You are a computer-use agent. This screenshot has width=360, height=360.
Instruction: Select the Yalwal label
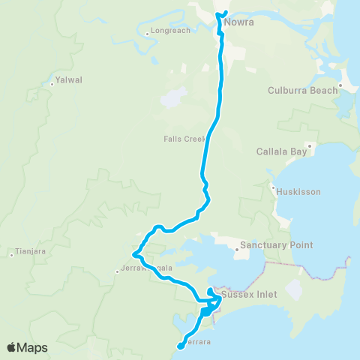click(x=68, y=79)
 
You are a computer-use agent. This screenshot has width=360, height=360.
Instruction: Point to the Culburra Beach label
click(x=303, y=91)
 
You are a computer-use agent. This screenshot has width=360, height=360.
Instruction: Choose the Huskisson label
click(x=298, y=192)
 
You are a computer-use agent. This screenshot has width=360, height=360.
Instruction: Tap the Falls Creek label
click(x=184, y=139)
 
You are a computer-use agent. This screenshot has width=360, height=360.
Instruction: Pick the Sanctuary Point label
click(x=275, y=245)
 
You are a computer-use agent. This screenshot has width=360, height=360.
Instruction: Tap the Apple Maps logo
click(x=27, y=347)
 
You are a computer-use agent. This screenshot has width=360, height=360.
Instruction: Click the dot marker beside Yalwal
click(x=52, y=84)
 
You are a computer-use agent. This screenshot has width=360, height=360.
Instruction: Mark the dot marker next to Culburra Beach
click(x=340, y=85)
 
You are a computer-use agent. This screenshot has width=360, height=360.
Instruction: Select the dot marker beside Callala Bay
click(x=310, y=145)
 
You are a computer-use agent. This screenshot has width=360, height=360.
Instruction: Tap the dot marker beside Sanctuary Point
click(x=237, y=249)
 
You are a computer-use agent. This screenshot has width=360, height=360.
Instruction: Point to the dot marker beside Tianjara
click(x=12, y=256)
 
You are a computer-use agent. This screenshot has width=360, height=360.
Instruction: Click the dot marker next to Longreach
click(x=147, y=34)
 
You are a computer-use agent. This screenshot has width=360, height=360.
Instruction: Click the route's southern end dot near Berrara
click(x=181, y=346)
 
